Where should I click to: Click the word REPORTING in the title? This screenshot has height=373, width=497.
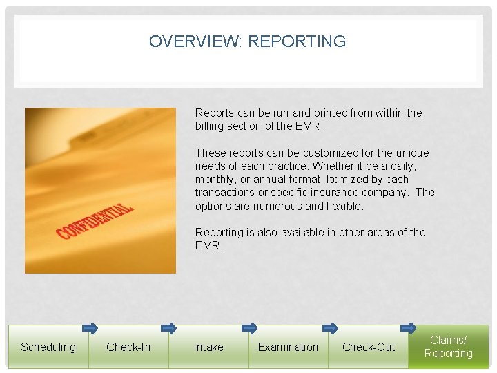click(x=297, y=41)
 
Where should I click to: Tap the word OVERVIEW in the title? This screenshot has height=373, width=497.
click(x=195, y=41)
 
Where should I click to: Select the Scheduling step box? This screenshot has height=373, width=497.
click(x=48, y=347)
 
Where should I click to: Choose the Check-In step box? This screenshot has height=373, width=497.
click(x=128, y=347)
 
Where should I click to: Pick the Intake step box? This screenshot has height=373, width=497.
click(x=208, y=347)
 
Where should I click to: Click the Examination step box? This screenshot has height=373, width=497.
click(x=288, y=347)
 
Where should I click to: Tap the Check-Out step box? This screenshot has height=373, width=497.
click(x=369, y=347)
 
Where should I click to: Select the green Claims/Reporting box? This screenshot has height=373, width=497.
click(x=449, y=347)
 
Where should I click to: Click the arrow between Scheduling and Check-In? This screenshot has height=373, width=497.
click(x=90, y=328)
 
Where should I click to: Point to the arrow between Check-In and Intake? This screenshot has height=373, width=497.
click(x=169, y=328)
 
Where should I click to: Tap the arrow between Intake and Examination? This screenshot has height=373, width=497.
click(x=249, y=328)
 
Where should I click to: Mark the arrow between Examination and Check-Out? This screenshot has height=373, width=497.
click(x=329, y=328)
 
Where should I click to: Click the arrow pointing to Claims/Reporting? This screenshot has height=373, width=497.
click(x=409, y=328)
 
